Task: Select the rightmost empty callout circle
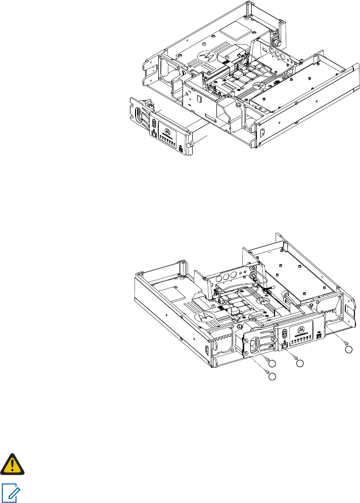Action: click(348, 349)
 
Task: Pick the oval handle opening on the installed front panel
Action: click(253, 346)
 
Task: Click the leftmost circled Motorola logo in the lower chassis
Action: click(204, 317)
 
